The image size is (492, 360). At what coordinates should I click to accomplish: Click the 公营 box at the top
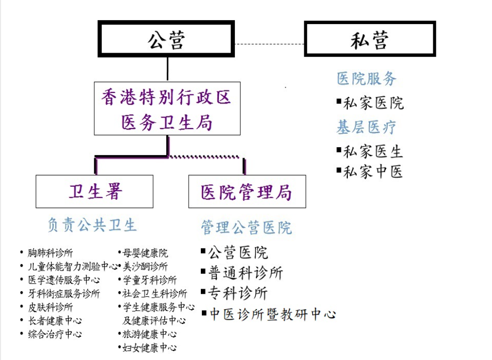(x=166, y=39)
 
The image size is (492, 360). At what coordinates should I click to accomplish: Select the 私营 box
(x=370, y=39)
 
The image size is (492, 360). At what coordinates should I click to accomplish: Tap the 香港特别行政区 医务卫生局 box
(x=167, y=108)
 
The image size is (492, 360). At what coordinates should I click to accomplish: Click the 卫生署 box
(x=94, y=191)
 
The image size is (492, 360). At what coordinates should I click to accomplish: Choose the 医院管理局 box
(x=247, y=191)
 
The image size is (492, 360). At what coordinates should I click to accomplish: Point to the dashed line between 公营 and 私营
(x=270, y=44)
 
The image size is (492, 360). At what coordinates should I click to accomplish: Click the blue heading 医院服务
(x=366, y=78)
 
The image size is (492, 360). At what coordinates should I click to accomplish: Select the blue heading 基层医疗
(x=366, y=127)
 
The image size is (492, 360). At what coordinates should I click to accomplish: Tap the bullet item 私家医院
(x=371, y=103)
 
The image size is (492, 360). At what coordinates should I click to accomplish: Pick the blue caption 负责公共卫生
(x=92, y=225)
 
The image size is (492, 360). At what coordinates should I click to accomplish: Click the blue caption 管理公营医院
(x=247, y=227)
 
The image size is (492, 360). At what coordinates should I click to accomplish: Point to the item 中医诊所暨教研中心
(x=269, y=314)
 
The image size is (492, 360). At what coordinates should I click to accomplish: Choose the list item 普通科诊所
(x=242, y=273)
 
